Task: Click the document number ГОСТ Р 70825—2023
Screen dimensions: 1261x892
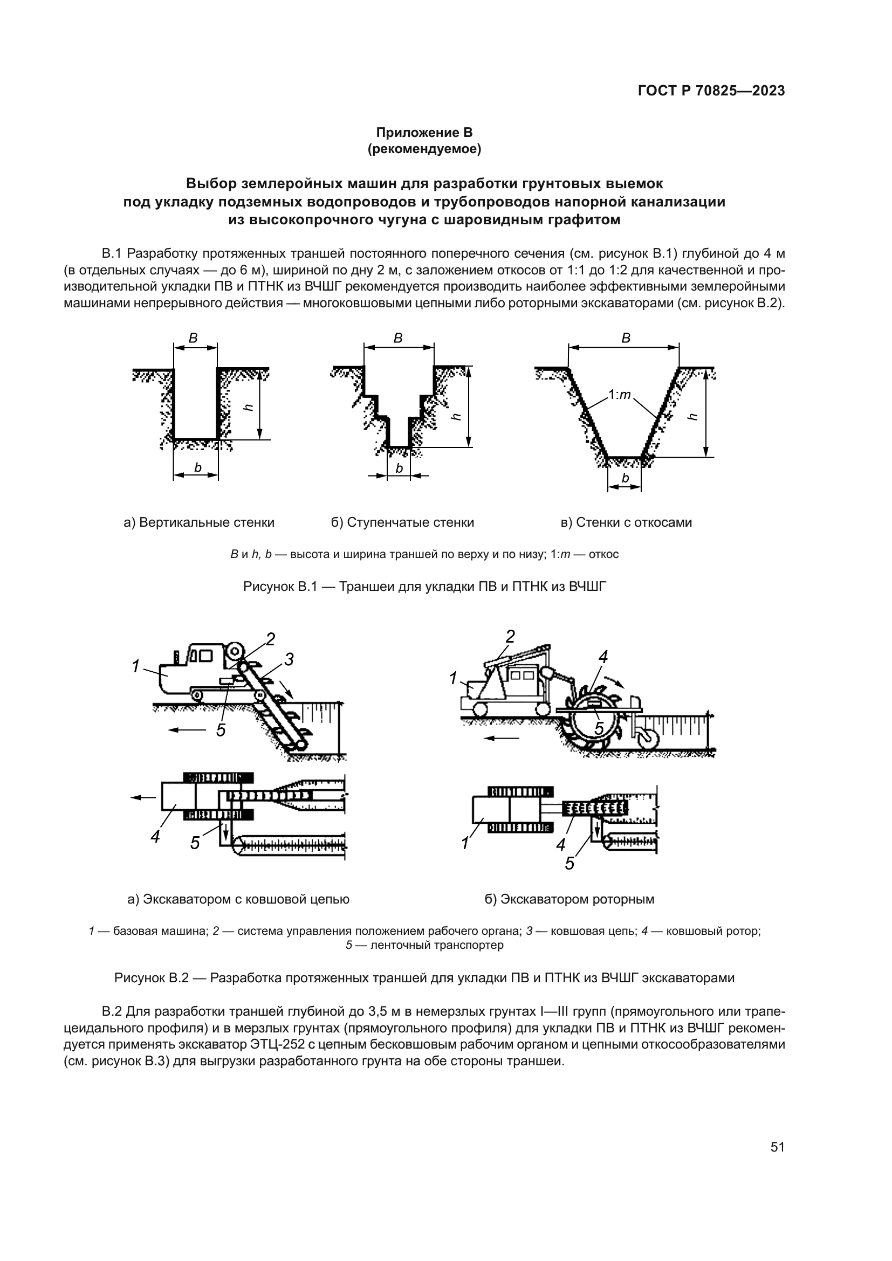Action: tap(711, 91)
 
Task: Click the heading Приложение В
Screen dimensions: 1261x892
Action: tap(424, 133)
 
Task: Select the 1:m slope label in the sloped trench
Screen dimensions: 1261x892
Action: tap(620, 395)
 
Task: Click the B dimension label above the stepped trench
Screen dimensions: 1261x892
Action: tap(398, 339)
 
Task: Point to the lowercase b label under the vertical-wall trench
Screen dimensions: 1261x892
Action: tap(197, 467)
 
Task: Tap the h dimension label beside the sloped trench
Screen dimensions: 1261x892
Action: tap(692, 417)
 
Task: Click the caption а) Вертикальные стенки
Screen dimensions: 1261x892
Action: tap(199, 522)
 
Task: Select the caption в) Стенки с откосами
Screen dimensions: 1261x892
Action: tap(626, 522)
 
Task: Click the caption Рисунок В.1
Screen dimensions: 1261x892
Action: tap(424, 587)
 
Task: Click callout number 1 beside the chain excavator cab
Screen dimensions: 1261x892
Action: tap(135, 666)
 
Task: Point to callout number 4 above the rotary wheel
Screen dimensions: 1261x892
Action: tap(602, 656)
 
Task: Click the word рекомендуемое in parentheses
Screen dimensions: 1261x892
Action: tap(424, 149)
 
